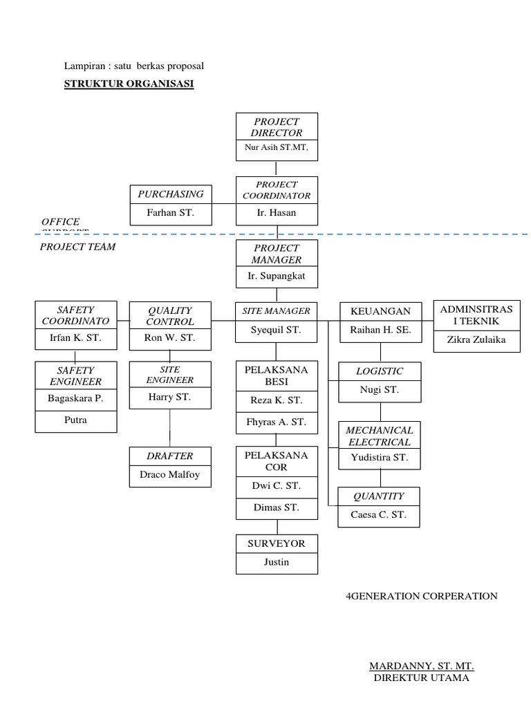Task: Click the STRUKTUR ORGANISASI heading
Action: coord(129,84)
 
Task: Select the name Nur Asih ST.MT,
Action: coord(277,147)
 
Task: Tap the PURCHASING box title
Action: coord(170,194)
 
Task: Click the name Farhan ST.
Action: coord(170,213)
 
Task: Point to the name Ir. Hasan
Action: coord(277,213)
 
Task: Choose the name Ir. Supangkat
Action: coord(277,276)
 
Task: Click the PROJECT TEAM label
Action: coord(77,247)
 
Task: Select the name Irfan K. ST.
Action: coord(75,338)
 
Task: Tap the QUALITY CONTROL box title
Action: coord(170,316)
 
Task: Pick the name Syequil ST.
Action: coord(277,330)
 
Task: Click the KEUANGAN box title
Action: coord(380,312)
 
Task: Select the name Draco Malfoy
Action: coord(170,475)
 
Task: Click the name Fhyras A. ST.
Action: coord(277,422)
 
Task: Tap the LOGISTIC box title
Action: coord(380,371)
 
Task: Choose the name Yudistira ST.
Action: coord(380,458)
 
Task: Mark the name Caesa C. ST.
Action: coord(380,514)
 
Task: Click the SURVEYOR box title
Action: coord(277,543)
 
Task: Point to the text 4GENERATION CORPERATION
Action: coord(421,596)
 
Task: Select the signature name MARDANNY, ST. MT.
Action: coord(421,667)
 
